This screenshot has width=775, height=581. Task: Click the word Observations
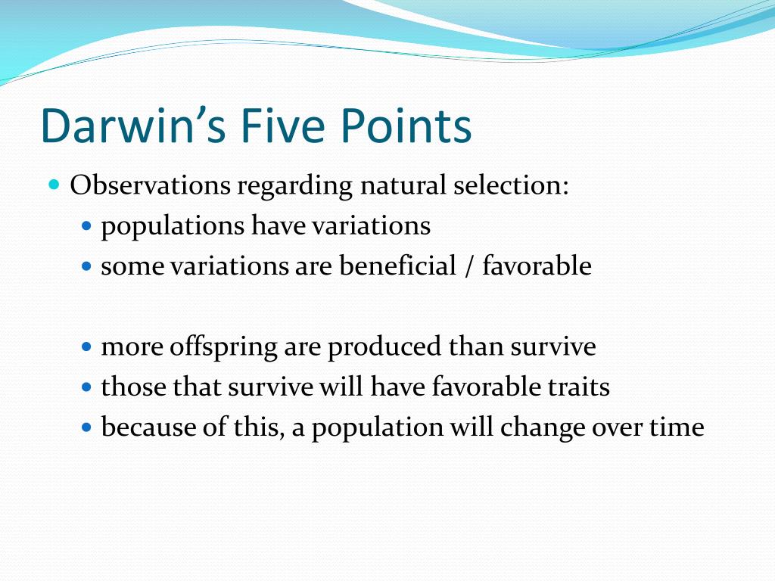(x=150, y=185)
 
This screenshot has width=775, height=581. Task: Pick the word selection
(x=511, y=185)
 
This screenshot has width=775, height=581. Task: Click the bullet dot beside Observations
(x=54, y=185)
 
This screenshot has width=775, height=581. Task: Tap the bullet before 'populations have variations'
(x=86, y=225)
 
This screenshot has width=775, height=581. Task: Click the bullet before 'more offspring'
(x=86, y=347)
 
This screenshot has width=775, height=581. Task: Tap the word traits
(x=581, y=387)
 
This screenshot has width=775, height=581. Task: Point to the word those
(x=133, y=387)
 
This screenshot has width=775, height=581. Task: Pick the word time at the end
(x=677, y=428)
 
